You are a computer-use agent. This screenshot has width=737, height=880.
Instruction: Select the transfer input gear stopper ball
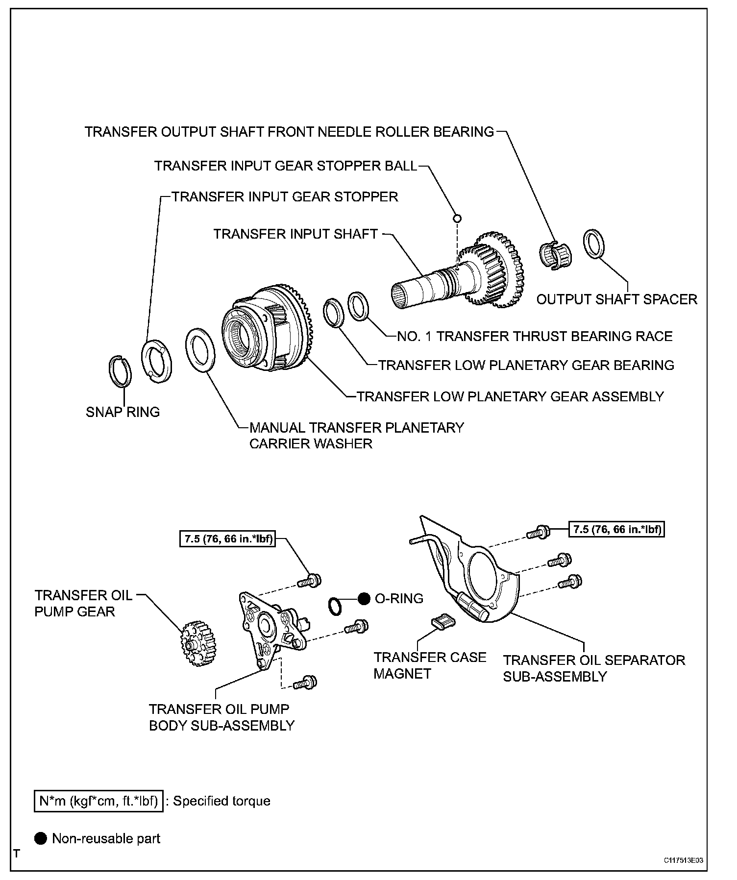point(457,218)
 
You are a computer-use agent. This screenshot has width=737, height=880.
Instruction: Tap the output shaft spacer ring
point(593,243)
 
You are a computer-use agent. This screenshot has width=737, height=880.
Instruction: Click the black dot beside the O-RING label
point(364,598)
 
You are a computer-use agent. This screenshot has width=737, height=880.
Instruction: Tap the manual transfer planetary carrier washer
point(200,350)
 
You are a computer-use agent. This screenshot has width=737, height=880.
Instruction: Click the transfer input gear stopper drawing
point(156,361)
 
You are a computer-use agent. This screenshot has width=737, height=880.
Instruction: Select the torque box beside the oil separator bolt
point(616,529)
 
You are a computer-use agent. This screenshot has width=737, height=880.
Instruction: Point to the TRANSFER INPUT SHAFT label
point(295,234)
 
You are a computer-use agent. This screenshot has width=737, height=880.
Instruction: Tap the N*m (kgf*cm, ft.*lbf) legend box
point(98,801)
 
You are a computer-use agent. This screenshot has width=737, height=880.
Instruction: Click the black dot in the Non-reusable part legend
point(41,838)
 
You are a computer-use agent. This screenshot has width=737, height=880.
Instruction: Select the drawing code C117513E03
point(686,860)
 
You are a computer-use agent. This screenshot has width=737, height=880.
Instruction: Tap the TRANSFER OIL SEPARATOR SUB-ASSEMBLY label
point(594,668)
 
